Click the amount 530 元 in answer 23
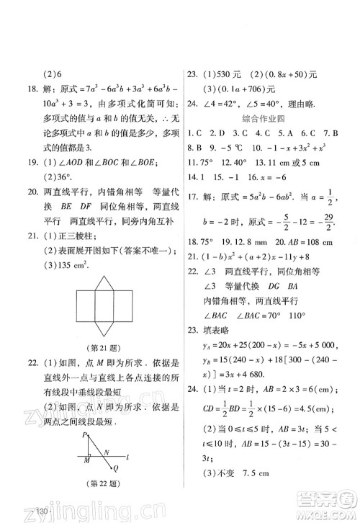tap(227, 73)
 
